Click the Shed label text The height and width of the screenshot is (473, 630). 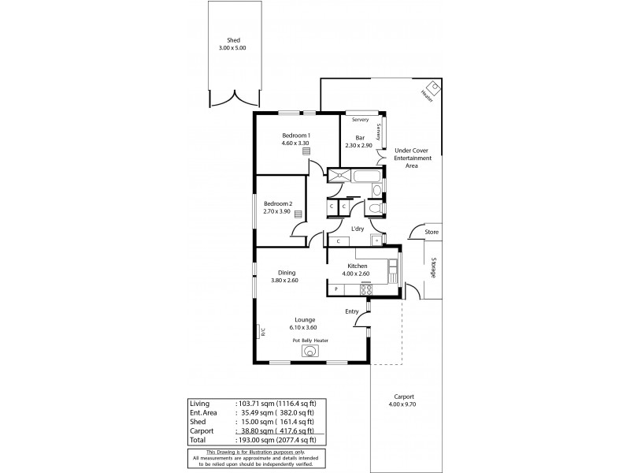233,40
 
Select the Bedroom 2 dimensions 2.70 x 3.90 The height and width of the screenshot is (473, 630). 277,211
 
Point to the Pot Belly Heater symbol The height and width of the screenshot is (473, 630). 311,351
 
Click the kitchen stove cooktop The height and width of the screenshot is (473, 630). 365,289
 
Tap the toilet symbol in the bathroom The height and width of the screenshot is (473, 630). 375,207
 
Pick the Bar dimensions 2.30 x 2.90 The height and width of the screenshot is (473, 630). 359,145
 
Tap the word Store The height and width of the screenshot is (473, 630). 431,233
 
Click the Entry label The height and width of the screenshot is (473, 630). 352,311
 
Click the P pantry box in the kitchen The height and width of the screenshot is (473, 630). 336,289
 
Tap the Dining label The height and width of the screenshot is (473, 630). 286,273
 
